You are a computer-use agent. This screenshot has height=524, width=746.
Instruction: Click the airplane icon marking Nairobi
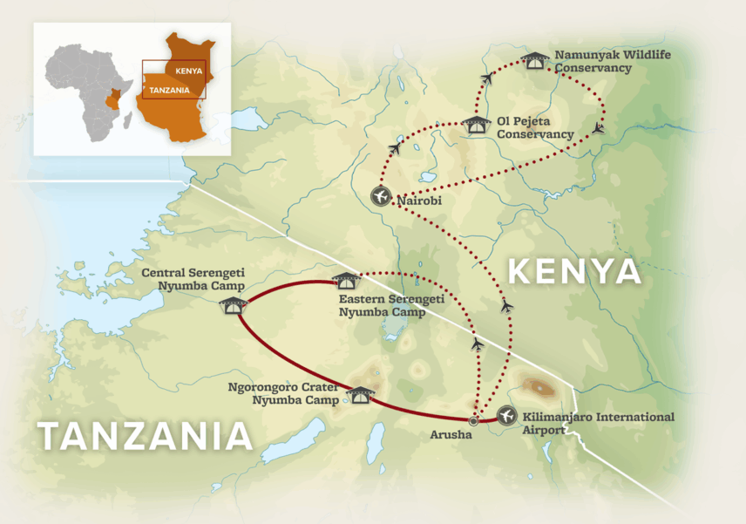381,196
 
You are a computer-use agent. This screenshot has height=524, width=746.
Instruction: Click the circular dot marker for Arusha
473,421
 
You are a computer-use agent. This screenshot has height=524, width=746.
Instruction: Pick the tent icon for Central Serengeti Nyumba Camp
234,303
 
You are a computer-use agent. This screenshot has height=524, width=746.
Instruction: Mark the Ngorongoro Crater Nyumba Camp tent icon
358,394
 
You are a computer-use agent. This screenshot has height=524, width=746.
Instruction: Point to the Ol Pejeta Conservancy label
535,127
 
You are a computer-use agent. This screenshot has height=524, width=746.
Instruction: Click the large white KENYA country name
574,272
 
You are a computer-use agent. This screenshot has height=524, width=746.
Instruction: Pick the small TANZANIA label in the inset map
170,89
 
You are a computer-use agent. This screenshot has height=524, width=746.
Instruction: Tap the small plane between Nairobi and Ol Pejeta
395,149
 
